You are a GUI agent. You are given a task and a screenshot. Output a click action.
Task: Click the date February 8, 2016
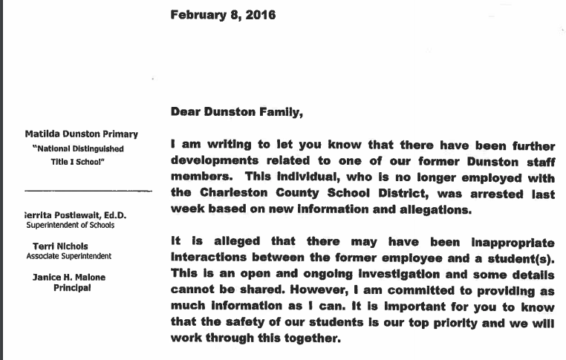tap(223, 15)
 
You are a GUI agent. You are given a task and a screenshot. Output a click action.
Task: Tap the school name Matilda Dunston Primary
tap(81, 134)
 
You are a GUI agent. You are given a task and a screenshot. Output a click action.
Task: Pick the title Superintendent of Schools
tap(71, 225)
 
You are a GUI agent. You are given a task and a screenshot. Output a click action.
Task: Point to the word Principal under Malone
tap(71, 288)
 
